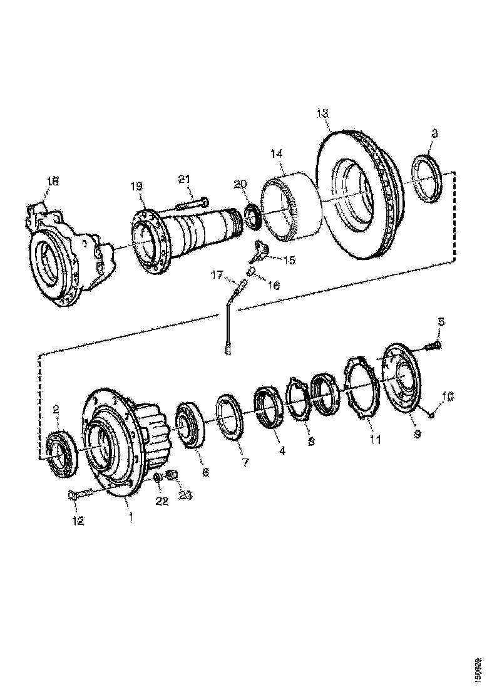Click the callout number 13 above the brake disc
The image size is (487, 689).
[322, 114]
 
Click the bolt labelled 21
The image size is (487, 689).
[192, 204]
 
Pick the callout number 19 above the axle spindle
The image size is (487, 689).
[136, 186]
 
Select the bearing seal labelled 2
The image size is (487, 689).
[60, 447]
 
